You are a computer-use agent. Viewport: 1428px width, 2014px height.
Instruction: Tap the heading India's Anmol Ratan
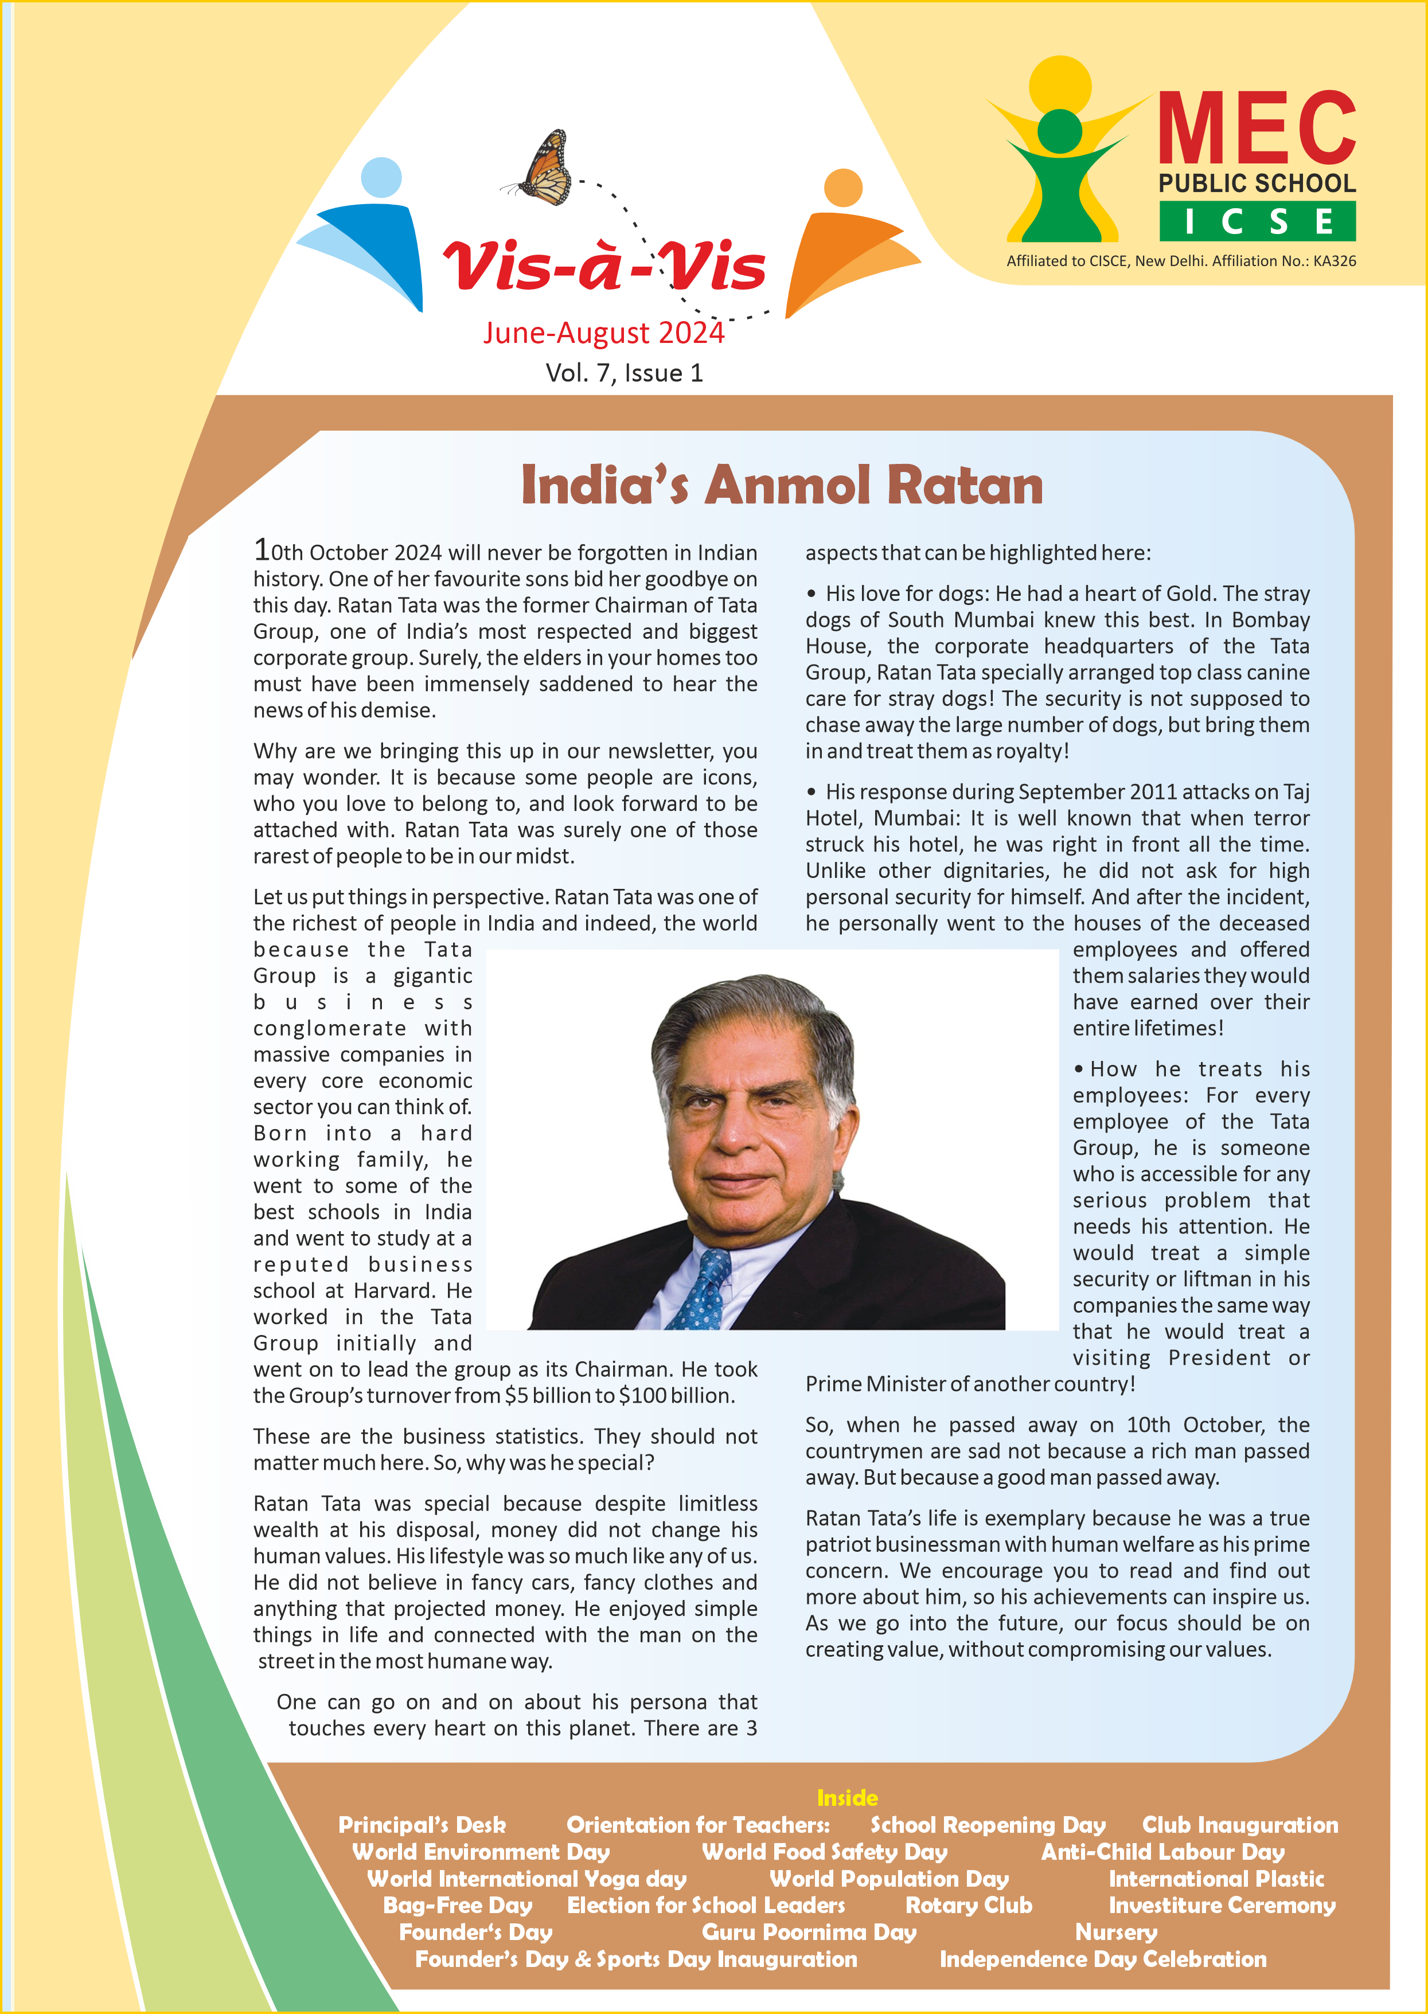coord(782,485)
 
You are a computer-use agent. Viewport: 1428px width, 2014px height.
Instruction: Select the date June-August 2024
coord(603,333)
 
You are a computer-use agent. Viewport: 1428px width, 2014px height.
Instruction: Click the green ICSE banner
coord(1258,221)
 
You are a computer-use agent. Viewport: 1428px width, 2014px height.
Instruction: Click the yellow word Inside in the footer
coord(847,1798)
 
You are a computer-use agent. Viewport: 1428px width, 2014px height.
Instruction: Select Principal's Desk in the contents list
coord(422,1825)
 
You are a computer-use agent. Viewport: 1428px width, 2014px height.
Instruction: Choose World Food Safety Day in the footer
coord(824,1852)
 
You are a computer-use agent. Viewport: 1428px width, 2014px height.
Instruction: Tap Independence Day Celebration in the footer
coord(1103,1960)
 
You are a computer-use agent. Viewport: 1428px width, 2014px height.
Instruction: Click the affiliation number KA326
coord(1334,261)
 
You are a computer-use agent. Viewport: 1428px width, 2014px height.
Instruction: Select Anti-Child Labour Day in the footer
coord(1162,1852)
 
